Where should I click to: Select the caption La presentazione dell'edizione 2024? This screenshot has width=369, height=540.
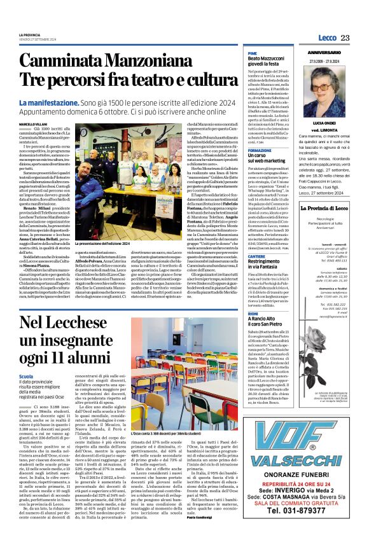(123, 244)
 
